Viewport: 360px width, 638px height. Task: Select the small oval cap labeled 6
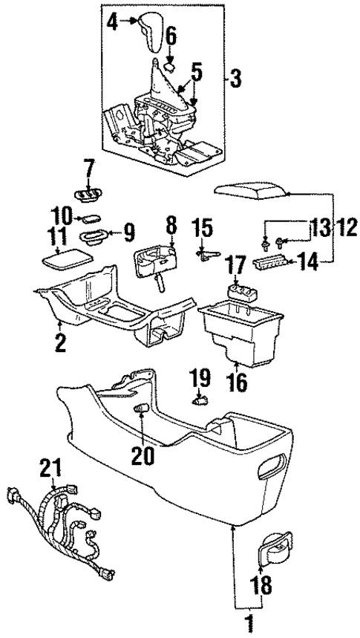(170, 65)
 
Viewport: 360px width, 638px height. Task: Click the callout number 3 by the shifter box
(235, 77)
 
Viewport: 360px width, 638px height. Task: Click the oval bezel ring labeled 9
(91, 238)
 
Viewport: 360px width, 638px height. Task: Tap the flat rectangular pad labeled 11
(65, 261)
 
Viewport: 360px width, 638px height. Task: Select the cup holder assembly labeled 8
(154, 262)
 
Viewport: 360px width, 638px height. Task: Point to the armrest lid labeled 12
(249, 191)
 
